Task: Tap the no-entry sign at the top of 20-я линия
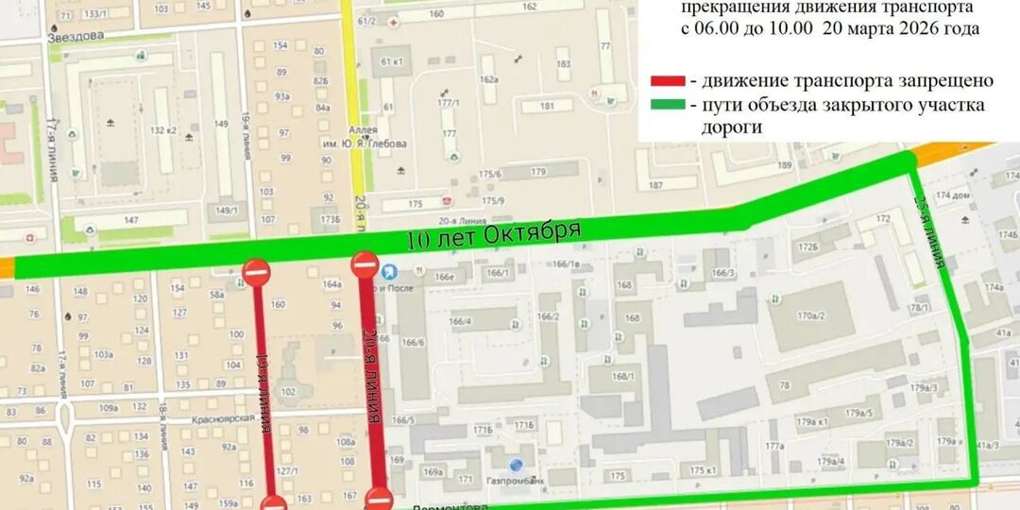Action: (x=365, y=264)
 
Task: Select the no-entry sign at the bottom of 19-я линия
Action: (x=273, y=504)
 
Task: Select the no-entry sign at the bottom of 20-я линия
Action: (x=379, y=499)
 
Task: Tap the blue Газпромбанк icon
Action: (x=516, y=465)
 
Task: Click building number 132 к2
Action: (x=164, y=130)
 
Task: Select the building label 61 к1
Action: (x=391, y=61)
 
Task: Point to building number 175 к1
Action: (x=703, y=470)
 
